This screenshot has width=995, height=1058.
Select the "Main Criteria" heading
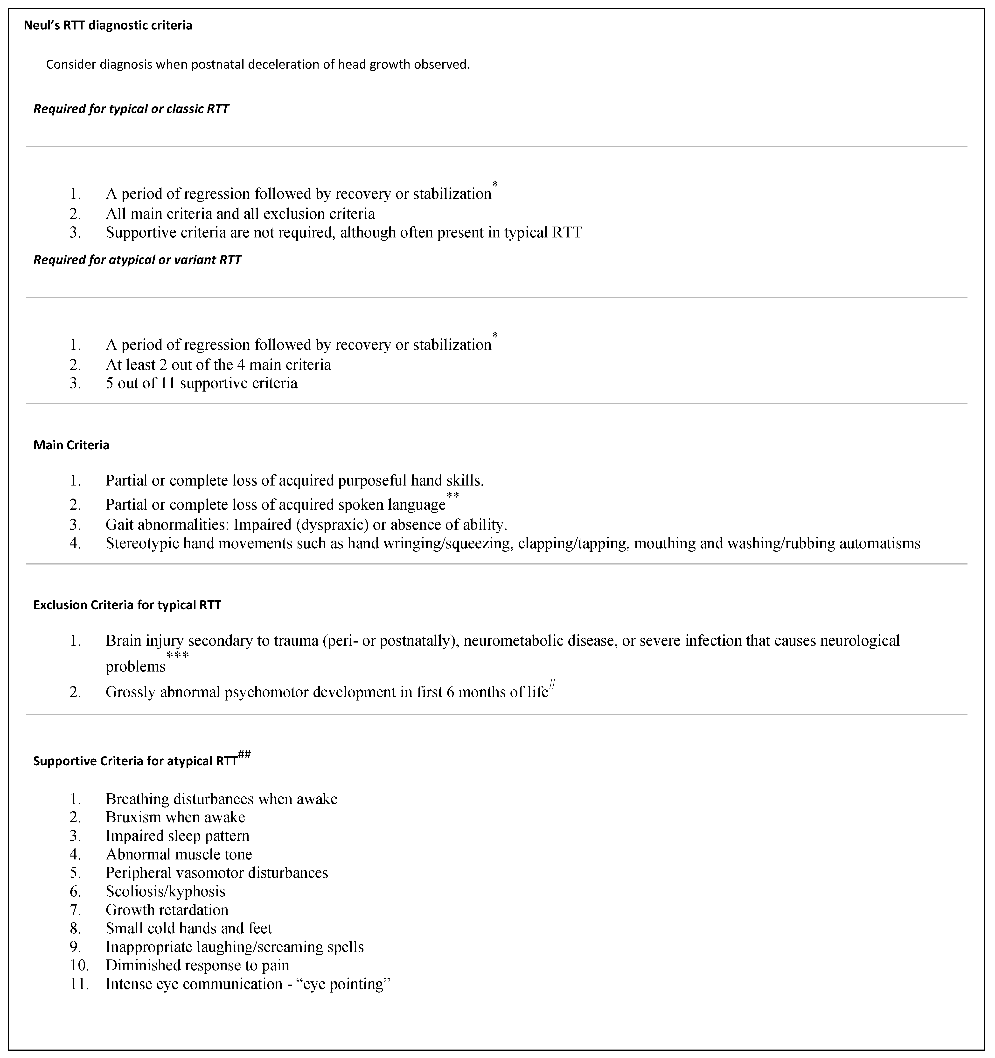[71, 445]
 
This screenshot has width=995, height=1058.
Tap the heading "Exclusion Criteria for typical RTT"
[127, 605]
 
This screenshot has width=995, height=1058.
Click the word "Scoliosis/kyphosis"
[165, 891]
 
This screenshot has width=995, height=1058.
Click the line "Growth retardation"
[167, 910]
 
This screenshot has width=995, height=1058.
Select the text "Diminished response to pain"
[197, 965]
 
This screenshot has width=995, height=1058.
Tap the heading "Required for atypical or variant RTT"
[137, 260]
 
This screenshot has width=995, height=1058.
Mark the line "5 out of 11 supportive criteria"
[202, 383]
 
